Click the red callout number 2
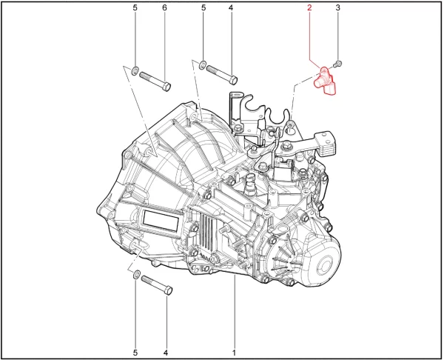(x=309, y=7)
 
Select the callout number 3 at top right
(x=337, y=7)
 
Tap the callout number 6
(x=164, y=7)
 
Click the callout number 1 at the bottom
(x=234, y=353)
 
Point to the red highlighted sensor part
(x=325, y=81)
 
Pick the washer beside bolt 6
(x=135, y=70)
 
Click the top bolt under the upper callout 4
(x=222, y=75)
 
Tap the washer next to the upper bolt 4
(x=203, y=64)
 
